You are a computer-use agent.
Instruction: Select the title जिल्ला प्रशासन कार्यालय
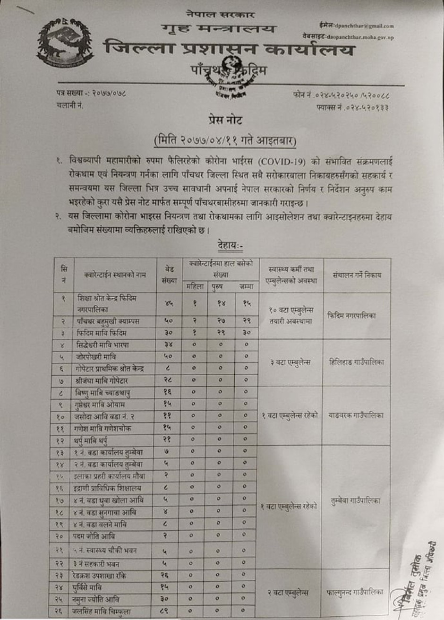[228, 48]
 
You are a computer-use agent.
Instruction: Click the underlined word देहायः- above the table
[230, 245]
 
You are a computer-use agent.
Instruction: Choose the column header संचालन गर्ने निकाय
[357, 275]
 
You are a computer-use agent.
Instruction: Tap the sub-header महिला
[195, 286]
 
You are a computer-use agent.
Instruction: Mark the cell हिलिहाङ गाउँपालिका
[357, 362]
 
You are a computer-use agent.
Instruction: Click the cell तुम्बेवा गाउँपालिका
[356, 501]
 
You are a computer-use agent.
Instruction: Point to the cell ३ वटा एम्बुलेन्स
[290, 362]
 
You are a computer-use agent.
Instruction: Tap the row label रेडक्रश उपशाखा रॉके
[100, 576]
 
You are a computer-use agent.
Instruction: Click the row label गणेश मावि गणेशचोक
[103, 429]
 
